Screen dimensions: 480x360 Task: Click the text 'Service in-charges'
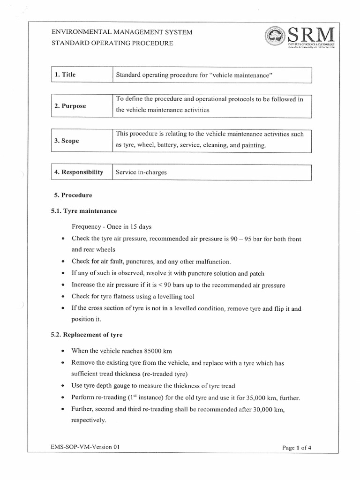coord(141,172)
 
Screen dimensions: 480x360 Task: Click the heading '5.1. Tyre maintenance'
coord(83,211)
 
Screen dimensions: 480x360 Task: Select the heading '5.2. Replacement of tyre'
coord(87,335)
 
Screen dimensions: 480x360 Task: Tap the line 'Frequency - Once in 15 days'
coord(111,227)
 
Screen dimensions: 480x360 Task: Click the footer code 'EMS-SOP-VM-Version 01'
coord(85,447)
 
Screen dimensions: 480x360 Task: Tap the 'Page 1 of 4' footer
coord(297,448)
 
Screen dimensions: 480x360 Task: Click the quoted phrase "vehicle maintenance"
coord(242,75)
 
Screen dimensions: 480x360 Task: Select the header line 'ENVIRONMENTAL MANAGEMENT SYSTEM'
coord(121,32)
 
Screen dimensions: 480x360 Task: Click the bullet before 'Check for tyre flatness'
coord(63,297)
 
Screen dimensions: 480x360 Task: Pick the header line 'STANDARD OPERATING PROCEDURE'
coord(112,43)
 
